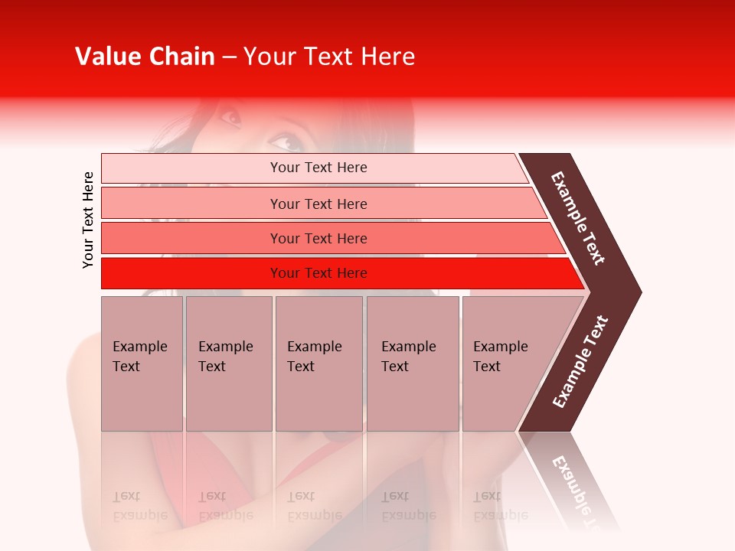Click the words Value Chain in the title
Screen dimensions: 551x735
coord(145,57)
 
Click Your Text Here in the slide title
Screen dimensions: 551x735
coord(329,57)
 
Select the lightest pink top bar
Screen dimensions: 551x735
coord(318,168)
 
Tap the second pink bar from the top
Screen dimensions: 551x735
coord(318,204)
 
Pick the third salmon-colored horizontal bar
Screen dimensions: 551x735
coord(318,238)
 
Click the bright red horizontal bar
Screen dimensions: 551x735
coord(318,273)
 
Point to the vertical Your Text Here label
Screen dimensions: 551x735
coord(88,220)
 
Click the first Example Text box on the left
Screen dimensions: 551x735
coord(142,364)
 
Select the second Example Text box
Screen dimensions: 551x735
coord(228,364)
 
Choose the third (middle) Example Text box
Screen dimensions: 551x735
coord(318,364)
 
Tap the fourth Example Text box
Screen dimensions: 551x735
coord(412,364)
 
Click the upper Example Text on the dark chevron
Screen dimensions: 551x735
coord(578,218)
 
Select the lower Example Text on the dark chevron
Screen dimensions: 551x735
coord(580,362)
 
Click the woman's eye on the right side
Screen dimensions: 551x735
coord(285,142)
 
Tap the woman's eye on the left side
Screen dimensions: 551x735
coord(229,118)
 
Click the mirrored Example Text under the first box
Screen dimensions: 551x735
coord(139,506)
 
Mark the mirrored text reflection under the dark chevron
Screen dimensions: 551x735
coord(577,490)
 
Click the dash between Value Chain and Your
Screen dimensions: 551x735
coord(229,57)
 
